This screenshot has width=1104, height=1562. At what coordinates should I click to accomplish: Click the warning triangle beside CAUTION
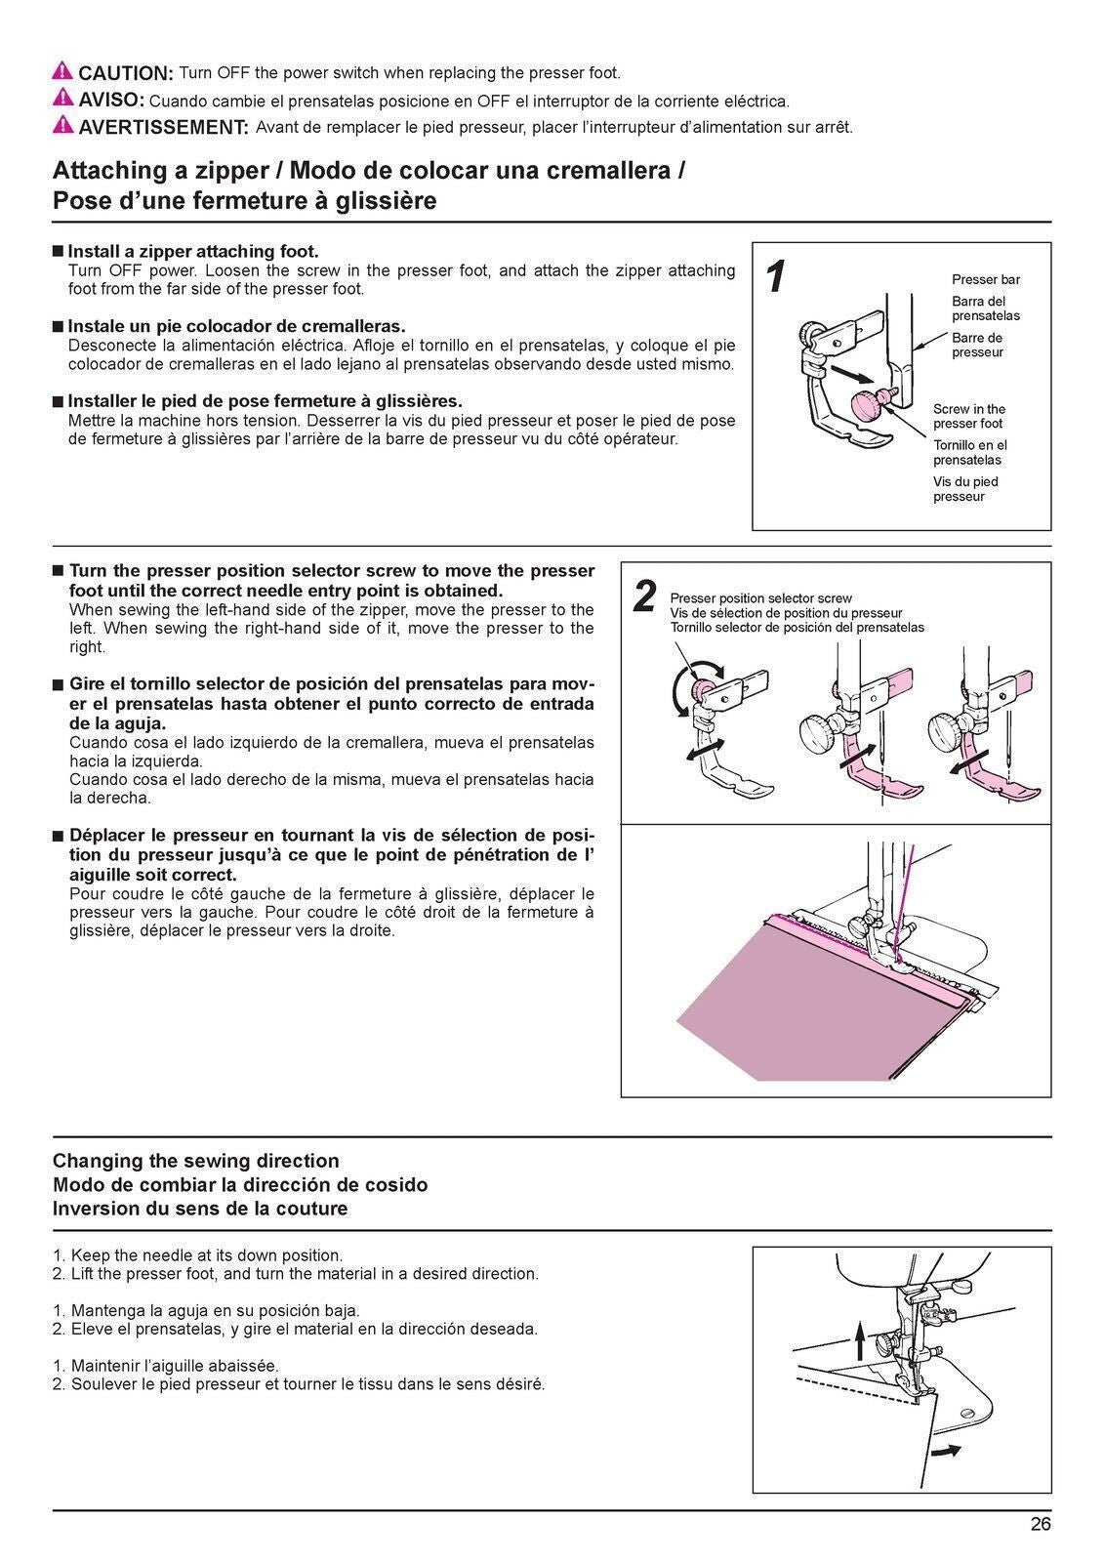pos(62,71)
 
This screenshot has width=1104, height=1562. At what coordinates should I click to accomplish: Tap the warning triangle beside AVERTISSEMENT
pos(62,125)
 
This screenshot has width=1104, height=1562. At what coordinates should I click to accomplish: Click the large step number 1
pos(776,278)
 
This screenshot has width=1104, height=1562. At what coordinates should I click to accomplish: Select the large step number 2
pos(644,596)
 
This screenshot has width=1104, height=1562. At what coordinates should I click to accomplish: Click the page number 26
pos(1041,1525)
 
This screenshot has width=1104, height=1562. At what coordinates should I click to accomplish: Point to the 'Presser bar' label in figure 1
pos(986,279)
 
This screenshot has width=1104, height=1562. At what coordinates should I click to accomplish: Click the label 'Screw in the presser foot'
pos(968,416)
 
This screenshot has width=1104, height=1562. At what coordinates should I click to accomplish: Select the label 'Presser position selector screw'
pos(760,598)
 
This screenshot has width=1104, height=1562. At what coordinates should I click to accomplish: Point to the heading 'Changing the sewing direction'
pos(195,1161)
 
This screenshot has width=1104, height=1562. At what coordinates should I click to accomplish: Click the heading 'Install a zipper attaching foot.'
pos(192,251)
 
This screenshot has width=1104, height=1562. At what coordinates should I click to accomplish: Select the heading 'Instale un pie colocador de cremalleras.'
pos(235,326)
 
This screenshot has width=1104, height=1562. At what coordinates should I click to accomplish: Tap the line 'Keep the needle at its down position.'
pos(206,1255)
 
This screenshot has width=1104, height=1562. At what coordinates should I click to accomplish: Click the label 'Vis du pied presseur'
pos(964,489)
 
